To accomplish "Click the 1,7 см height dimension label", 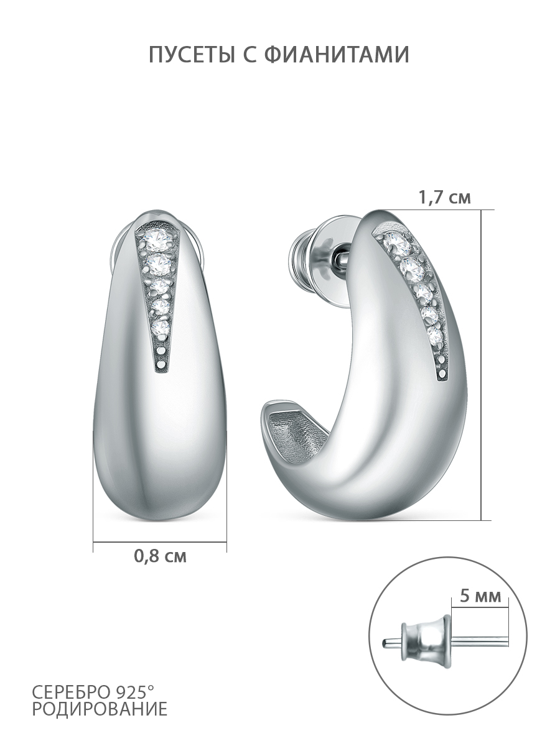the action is pyautogui.click(x=445, y=198).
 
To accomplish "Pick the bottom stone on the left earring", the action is pyautogui.click(x=161, y=327).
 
